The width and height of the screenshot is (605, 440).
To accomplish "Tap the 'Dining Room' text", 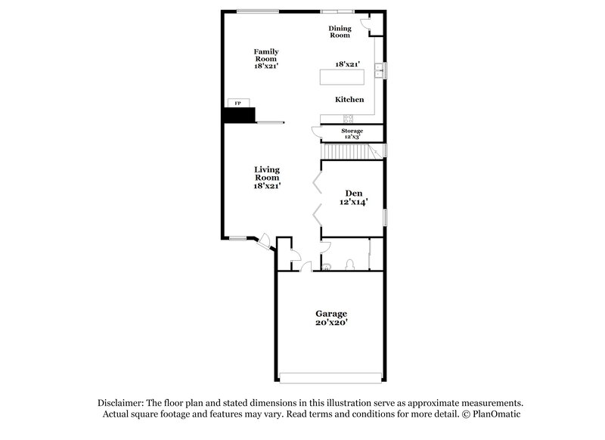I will (340, 32).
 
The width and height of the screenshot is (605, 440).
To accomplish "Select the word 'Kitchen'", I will (349, 100).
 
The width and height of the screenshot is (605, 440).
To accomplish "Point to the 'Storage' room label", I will (352, 131).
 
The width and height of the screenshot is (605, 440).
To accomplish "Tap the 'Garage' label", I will (331, 313).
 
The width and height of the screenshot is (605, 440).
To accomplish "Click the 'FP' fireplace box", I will (237, 103).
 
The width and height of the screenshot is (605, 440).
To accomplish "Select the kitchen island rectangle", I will (341, 77).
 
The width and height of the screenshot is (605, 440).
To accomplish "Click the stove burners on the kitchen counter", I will (349, 118).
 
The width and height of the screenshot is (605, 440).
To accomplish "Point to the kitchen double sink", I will (383, 71).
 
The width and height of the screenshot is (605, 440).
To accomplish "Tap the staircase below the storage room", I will (350, 152).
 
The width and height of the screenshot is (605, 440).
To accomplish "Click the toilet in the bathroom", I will (349, 265).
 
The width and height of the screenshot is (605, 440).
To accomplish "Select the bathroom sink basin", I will (326, 266).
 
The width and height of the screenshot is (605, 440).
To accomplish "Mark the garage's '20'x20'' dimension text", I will (331, 323).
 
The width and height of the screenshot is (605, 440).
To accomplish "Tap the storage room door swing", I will (316, 131).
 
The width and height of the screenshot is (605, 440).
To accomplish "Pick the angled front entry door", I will (265, 241).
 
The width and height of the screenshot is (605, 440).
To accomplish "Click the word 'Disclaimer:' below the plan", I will (123, 404).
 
